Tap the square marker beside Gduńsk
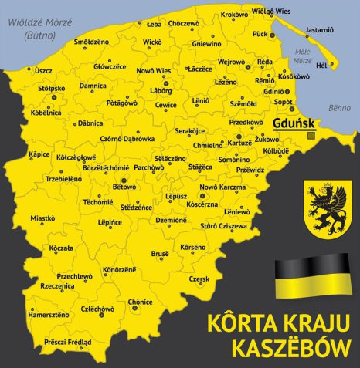[x=311, y=135]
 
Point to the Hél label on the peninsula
[x=322, y=66]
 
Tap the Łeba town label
[x=154, y=24]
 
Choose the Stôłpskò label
[x=53, y=88]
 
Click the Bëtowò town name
[x=124, y=187]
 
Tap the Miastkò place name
[x=42, y=218]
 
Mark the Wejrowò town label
[x=231, y=62]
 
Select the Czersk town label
[x=199, y=279]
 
